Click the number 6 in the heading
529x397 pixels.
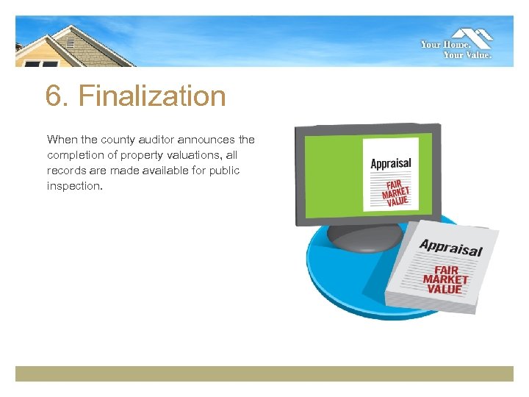[x=52, y=96]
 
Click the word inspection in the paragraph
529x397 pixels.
[x=73, y=186]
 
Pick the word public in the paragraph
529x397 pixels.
[x=223, y=171]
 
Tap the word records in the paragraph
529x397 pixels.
[x=67, y=171]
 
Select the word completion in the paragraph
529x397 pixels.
[x=76, y=155]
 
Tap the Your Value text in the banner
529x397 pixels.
[x=467, y=54]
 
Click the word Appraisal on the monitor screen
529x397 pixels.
[x=391, y=163]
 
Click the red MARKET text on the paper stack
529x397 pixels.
[x=445, y=279]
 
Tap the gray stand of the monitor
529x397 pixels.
[x=364, y=237]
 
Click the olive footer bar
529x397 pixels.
[x=264, y=373]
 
